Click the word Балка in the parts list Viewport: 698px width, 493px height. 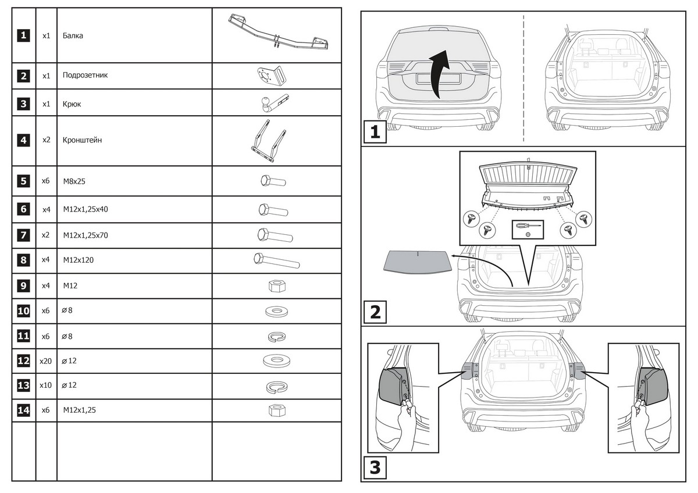coord(73,35)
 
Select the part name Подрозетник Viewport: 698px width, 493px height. coord(85,75)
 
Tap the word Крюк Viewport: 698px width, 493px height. coord(72,104)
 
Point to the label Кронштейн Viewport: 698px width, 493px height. coord(82,140)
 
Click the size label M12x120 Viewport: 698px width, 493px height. coord(78,260)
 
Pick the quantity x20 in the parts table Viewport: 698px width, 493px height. coord(46,361)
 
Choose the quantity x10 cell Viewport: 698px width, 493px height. coord(46,385)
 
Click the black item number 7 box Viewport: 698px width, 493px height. coord(23,235)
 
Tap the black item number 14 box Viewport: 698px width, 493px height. coord(23,410)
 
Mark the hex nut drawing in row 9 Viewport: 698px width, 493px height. coord(276,286)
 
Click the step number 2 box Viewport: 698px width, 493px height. coord(375,312)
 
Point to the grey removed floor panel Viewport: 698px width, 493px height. coord(418,262)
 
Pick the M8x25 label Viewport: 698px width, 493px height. coord(74,181)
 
